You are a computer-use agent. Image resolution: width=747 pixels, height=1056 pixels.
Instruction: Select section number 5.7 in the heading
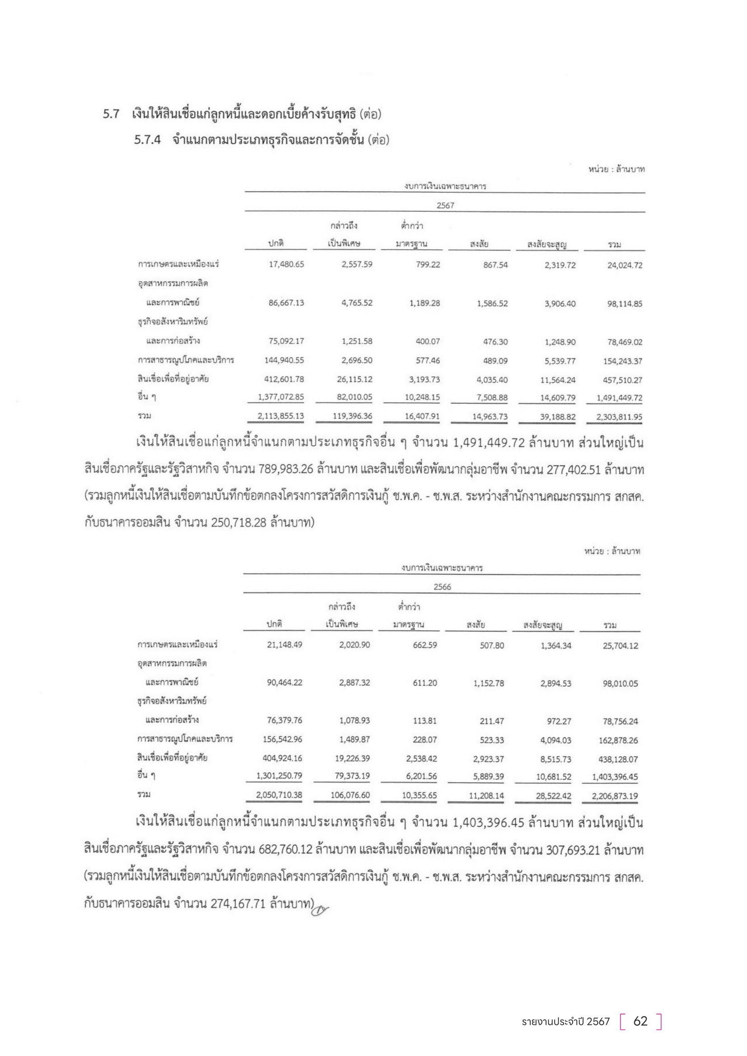(x=111, y=114)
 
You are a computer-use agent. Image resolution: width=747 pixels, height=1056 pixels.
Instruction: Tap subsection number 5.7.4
(x=147, y=140)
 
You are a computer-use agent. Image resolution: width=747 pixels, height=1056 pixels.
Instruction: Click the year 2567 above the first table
(x=445, y=205)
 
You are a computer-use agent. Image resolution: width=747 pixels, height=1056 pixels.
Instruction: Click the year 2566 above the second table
(x=442, y=587)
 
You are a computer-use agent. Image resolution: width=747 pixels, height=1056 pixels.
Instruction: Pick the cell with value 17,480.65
(x=286, y=265)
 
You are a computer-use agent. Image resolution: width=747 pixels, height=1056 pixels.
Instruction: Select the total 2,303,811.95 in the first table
(x=619, y=417)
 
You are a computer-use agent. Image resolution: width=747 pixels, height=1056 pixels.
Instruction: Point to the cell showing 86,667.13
(x=286, y=302)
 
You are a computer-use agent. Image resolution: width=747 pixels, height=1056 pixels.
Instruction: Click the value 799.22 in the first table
(x=428, y=265)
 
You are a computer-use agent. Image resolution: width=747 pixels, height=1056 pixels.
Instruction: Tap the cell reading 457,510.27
(x=622, y=380)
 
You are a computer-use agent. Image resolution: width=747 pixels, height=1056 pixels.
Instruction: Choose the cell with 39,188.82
(x=557, y=417)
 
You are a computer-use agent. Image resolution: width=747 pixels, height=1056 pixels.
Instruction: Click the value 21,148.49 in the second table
(x=284, y=645)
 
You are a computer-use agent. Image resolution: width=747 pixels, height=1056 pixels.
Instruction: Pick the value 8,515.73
(x=556, y=759)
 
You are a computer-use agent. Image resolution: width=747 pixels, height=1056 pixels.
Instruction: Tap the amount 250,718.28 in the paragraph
(x=239, y=523)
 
